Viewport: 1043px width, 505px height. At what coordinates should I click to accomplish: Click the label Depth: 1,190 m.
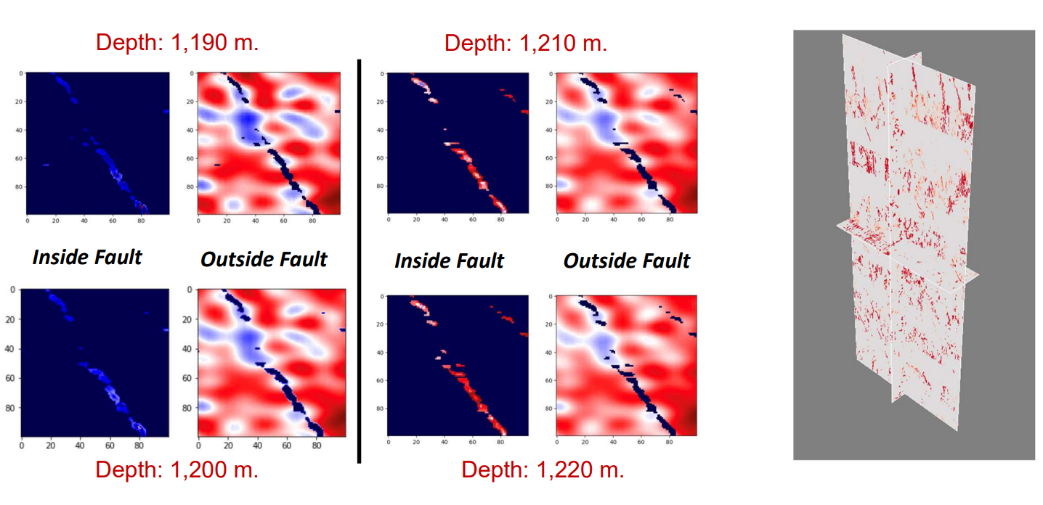point(177,42)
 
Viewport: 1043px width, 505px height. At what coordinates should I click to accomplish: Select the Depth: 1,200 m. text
point(177,469)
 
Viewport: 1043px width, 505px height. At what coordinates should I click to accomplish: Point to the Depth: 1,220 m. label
point(543,469)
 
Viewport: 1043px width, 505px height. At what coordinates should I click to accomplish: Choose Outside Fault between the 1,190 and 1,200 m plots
point(264,259)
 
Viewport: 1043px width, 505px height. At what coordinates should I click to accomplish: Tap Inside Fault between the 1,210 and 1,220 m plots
point(449,260)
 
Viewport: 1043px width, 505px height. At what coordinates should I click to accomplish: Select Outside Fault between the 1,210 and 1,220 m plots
point(626,260)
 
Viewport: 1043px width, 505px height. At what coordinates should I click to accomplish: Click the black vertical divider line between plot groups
point(359,261)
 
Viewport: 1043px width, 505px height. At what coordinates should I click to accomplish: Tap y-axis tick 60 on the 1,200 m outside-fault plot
point(187,379)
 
